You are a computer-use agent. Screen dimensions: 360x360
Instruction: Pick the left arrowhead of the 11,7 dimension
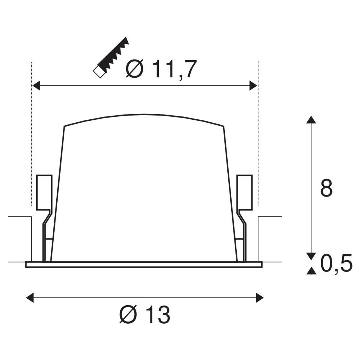[x=36, y=85]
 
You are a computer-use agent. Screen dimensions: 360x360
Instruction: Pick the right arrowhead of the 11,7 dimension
[x=253, y=85]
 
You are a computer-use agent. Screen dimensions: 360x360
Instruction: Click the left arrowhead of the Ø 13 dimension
[x=30, y=298]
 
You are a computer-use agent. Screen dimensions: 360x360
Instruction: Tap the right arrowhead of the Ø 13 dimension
[x=259, y=298]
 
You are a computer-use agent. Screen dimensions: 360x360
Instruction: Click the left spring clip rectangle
[x=44, y=192]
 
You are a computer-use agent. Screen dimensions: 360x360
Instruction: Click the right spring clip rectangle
[x=244, y=192]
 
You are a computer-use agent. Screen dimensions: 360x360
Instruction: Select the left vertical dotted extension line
[x=31, y=132]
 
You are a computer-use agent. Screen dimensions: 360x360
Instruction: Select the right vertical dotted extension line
[x=258, y=132]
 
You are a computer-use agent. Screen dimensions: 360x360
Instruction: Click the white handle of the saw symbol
[x=99, y=72]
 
